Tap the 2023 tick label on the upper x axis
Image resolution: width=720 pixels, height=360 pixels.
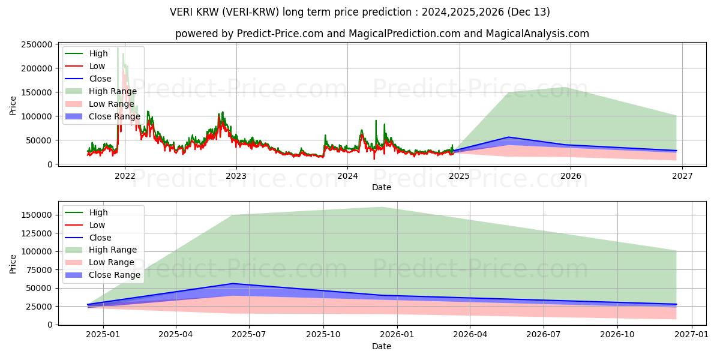pos(236,176)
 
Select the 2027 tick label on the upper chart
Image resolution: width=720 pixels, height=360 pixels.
pos(682,176)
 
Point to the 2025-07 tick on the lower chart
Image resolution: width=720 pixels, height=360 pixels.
pos(249,337)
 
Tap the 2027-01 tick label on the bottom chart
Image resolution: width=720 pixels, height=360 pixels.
pos(692,337)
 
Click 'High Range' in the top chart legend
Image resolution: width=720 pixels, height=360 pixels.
pos(113,91)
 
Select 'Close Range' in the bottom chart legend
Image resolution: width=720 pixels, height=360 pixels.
pos(114,275)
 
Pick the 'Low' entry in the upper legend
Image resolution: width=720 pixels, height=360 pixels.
pos(97,66)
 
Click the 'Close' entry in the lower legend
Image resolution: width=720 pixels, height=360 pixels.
pos(100,238)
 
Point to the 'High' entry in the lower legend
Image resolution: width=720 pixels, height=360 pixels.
pos(98,212)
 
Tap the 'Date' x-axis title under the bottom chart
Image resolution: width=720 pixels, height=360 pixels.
pos(382,347)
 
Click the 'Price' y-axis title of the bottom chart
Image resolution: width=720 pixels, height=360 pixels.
pos(13,263)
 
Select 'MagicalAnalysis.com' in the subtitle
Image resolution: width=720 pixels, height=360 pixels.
pos(538,34)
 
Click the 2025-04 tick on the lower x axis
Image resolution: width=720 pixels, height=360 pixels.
pos(176,337)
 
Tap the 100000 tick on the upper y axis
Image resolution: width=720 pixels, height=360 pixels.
pos(37,116)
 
